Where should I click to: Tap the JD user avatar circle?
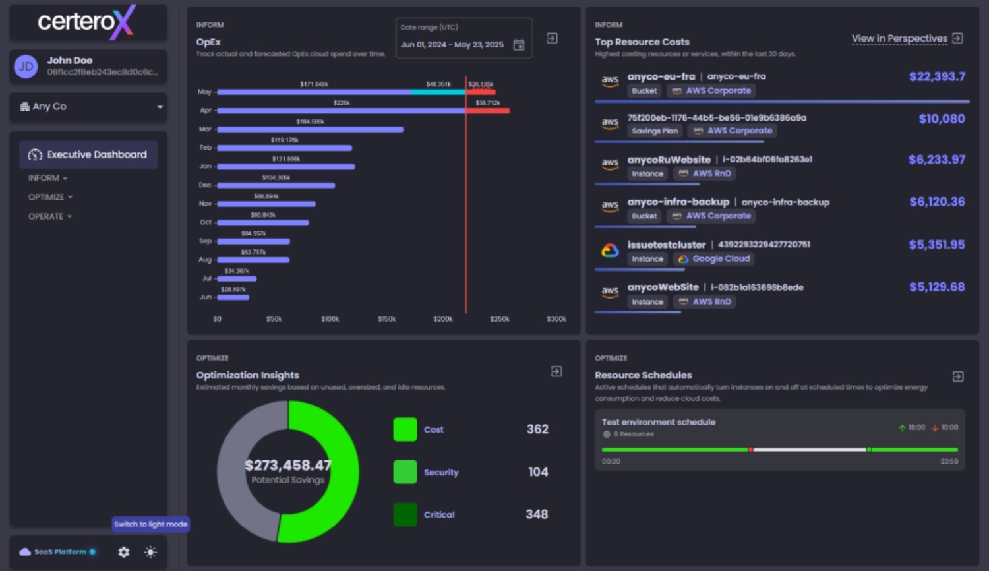(26, 67)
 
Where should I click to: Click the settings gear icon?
(123, 552)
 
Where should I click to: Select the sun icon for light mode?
(150, 552)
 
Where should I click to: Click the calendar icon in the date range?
(519, 45)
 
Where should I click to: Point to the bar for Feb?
(284, 148)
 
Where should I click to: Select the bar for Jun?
(233, 297)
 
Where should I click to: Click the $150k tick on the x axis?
(387, 319)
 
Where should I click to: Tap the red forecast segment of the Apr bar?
(487, 111)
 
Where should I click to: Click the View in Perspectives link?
(899, 38)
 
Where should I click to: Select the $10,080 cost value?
(942, 119)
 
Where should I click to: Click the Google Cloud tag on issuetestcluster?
(714, 259)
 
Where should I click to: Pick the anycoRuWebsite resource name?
(669, 160)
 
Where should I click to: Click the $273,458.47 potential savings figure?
(288, 465)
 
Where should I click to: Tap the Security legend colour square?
(405, 472)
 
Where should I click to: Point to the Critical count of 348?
(537, 514)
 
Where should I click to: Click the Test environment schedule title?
(658, 422)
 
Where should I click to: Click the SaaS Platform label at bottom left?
(60, 552)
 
